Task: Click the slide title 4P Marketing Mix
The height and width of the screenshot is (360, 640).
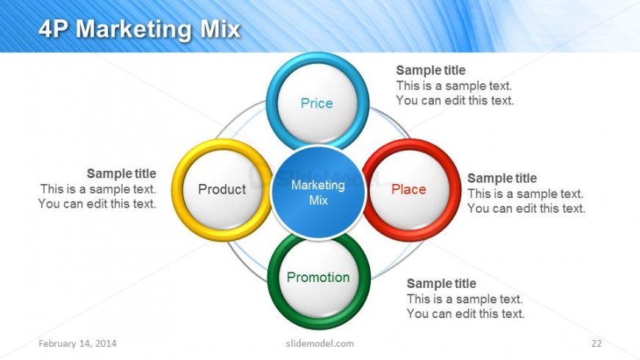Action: [x=140, y=29]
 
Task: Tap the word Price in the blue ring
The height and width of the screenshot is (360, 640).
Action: [x=317, y=103]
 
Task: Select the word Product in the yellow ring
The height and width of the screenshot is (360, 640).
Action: [x=222, y=189]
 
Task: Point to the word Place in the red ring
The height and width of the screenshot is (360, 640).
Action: [x=408, y=189]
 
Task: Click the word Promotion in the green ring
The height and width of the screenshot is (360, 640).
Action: [x=319, y=278]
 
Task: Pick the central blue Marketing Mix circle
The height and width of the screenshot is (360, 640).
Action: [x=318, y=192]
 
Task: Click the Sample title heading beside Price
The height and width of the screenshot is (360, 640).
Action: [x=430, y=70]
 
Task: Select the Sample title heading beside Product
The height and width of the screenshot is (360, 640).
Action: [x=121, y=174]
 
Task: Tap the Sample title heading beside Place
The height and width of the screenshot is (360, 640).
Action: [x=502, y=178]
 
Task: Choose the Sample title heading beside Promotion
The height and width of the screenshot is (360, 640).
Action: [x=441, y=283]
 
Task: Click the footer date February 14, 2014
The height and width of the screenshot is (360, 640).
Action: [x=77, y=343]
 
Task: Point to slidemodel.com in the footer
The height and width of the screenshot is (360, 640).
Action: [x=320, y=343]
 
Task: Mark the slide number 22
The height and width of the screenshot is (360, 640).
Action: [x=597, y=343]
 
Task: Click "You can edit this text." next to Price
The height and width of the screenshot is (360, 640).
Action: [x=455, y=101]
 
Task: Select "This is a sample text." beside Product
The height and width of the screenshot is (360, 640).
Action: [x=98, y=189]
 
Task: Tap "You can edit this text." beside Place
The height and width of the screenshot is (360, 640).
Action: [x=527, y=208]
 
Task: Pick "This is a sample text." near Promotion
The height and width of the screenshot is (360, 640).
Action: [x=465, y=299]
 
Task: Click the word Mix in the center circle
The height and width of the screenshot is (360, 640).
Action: [x=319, y=201]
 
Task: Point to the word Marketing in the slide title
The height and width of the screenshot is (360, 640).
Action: [x=133, y=30]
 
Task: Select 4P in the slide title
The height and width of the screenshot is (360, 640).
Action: [x=54, y=29]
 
